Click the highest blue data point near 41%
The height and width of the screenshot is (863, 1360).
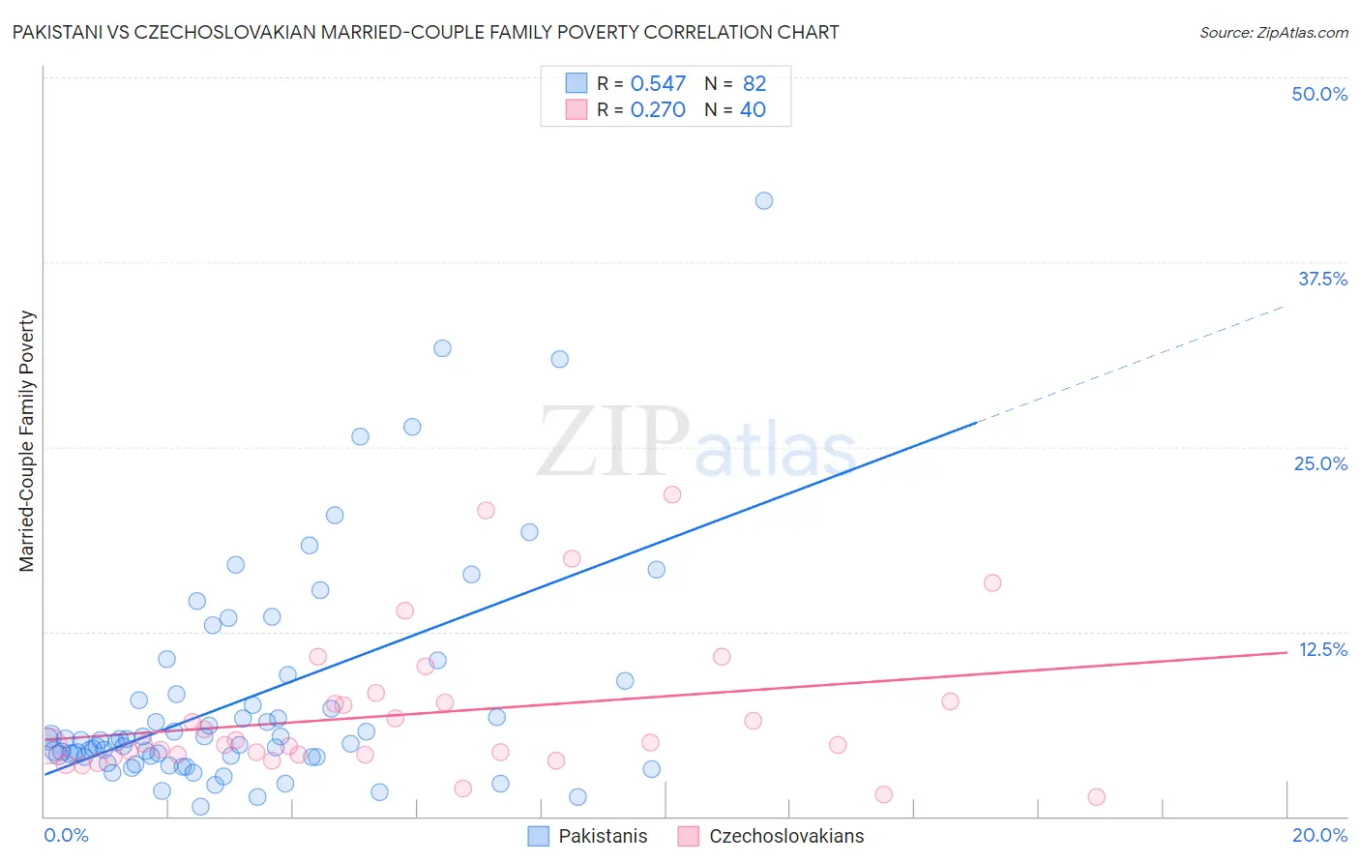coord(764,201)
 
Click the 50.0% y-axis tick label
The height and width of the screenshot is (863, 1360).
coord(1319,94)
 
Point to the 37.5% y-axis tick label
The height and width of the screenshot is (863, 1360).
coord(1322,279)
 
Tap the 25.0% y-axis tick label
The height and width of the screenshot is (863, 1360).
coord(1320,463)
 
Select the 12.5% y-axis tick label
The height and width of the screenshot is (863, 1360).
coord(1322,649)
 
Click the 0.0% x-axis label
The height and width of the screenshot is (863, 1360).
coord(66,835)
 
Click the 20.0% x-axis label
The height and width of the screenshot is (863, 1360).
coord(1319,835)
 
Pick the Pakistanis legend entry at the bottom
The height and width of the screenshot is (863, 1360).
coord(588,836)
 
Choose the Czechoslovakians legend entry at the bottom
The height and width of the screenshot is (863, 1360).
coord(771,836)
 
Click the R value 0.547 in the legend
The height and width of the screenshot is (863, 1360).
coord(658,84)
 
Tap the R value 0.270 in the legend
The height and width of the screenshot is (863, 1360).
coord(658,110)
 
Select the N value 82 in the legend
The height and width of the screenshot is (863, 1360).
coord(754,84)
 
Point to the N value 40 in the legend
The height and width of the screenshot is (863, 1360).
coord(753,110)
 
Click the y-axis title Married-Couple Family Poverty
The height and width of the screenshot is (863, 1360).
coord(27,441)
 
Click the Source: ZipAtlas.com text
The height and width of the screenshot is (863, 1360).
coord(1273,33)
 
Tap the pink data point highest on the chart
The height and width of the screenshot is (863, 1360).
coord(672,494)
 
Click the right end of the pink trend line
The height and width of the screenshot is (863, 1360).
coord(1286,652)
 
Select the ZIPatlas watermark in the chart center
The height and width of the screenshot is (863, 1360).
coord(696,443)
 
